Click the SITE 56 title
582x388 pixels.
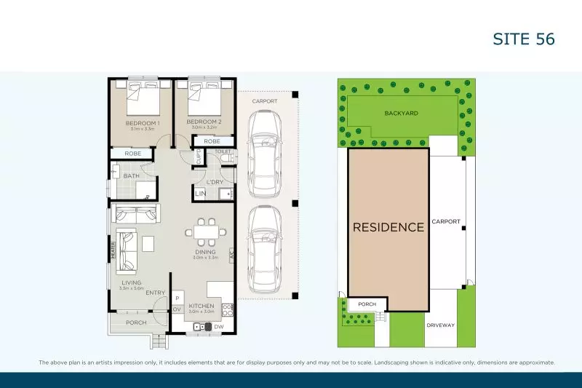pos(525,39)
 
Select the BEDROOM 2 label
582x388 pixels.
pos(203,122)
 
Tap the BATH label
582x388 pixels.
pos(132,175)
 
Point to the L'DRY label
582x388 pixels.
pos(214,181)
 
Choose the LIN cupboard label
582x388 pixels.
pos(200,194)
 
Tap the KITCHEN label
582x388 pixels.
pos(200,306)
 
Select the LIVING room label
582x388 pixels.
pos(131,282)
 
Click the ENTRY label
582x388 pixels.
pos(155,293)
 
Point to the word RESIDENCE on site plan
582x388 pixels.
pos(388,227)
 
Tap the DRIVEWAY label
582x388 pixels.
pos(440,325)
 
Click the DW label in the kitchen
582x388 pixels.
pos(219,327)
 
